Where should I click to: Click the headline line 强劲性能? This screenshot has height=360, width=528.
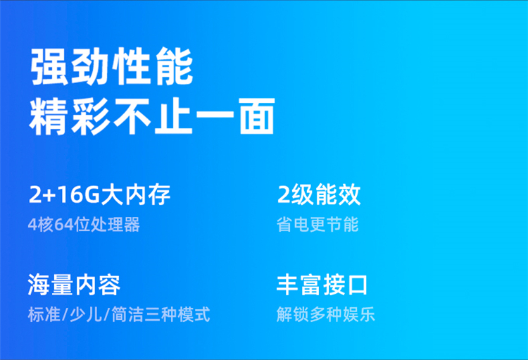pos(112,66)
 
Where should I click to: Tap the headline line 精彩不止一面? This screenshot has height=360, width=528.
pos(152,116)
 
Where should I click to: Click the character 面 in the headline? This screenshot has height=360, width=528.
pos(257,116)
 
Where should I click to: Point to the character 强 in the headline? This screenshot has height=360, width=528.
pos(49,66)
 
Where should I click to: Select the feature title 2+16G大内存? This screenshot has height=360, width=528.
pos(100,194)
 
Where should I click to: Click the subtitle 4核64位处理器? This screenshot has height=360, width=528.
pos(84,225)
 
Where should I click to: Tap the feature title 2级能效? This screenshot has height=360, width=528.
pos(319,194)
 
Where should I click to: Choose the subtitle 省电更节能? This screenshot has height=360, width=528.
pos(318,225)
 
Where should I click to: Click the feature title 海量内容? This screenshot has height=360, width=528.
pos(74,285)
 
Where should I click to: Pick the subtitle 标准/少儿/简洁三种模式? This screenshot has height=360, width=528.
pos(119,314)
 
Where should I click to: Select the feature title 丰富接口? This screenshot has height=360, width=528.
pos(322,285)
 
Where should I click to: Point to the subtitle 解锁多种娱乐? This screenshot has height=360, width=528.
pos(326,314)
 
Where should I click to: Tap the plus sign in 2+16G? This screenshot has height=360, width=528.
pos(49,196)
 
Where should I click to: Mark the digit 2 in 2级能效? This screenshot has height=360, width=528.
pos(284,194)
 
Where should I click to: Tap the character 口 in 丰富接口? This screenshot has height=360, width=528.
pos(358,285)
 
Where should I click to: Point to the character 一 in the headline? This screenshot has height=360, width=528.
pos(215,114)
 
